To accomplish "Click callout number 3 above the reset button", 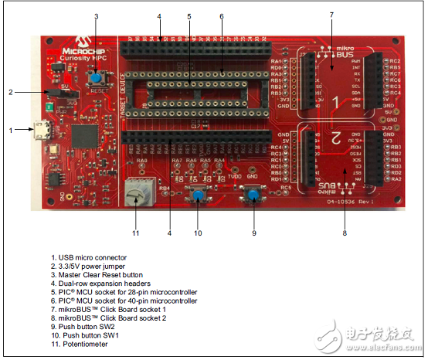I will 95,15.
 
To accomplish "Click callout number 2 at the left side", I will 11,92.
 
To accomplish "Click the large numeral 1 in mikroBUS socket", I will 335,101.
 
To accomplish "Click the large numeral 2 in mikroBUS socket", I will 335,138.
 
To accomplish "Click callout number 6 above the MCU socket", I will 221,15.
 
